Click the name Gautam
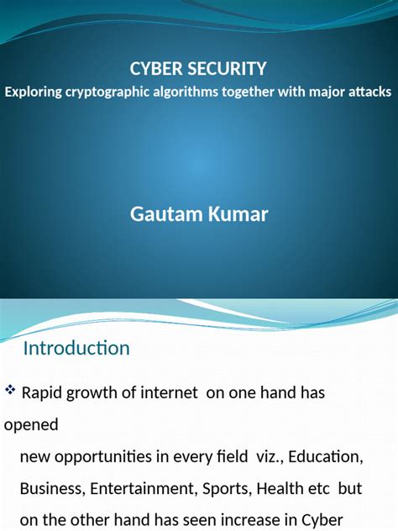[165, 214]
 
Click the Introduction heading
[76, 348]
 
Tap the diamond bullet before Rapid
[10, 391]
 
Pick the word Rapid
[44, 392]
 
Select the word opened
[31, 425]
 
